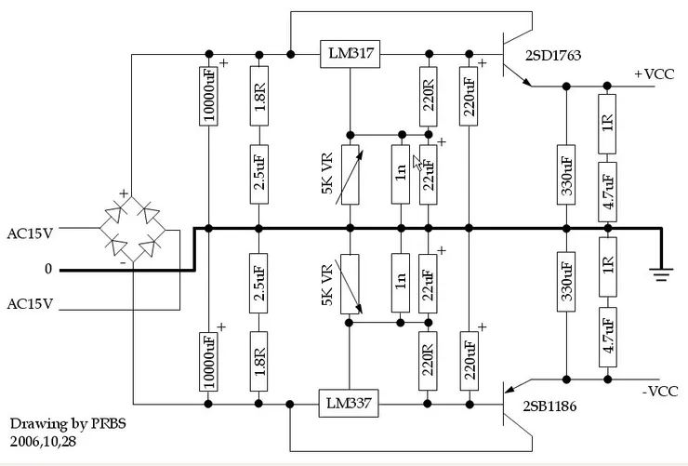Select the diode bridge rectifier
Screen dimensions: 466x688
(133, 228)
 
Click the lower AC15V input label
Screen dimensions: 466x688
(30, 304)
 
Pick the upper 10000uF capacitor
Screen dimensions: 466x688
(209, 95)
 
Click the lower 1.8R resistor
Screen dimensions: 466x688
(259, 362)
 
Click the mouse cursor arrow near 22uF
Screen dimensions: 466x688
(418, 161)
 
